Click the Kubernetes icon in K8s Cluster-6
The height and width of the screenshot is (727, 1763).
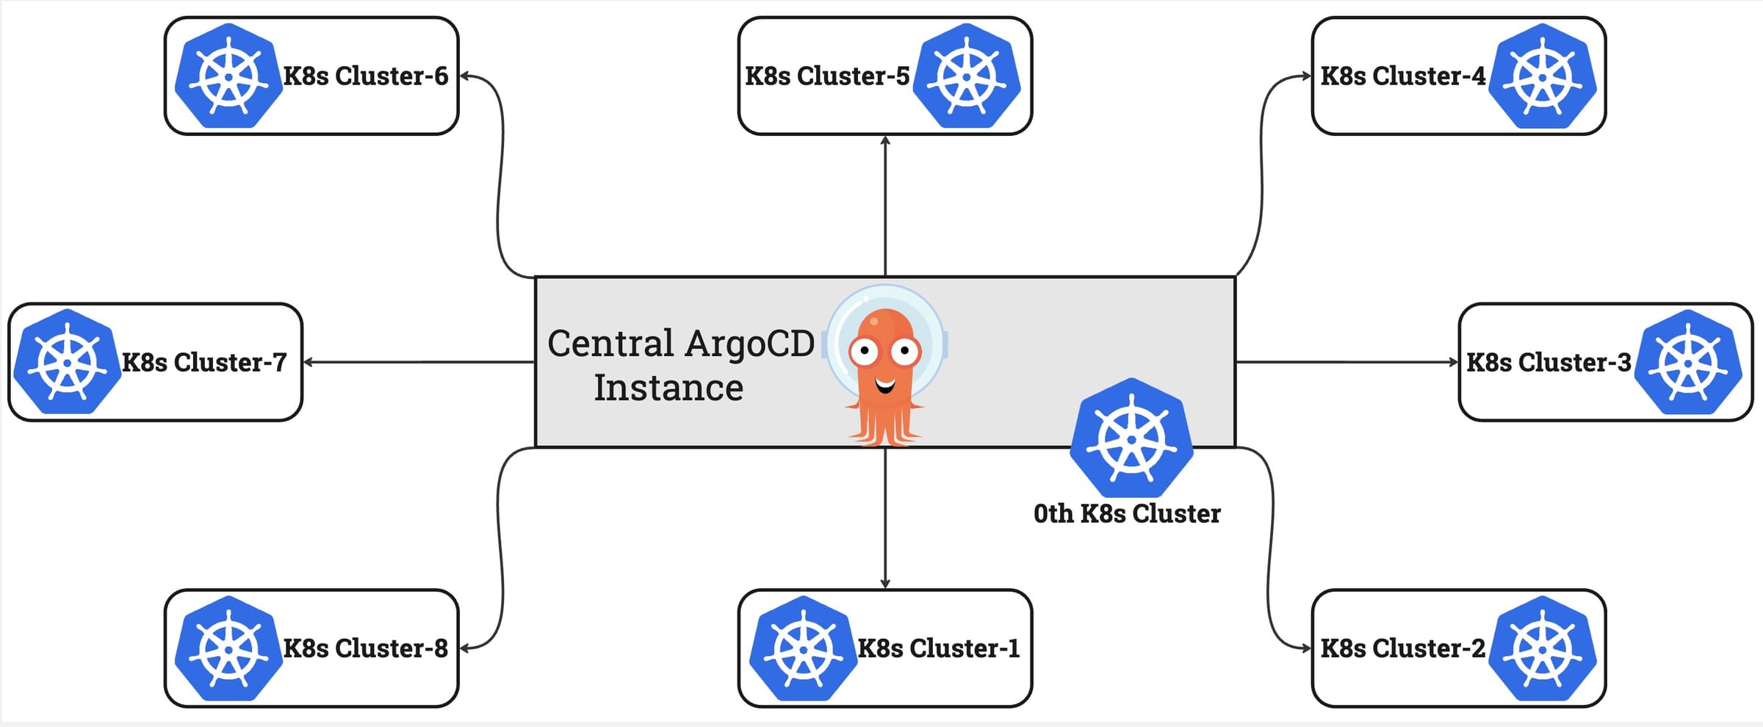pos(228,76)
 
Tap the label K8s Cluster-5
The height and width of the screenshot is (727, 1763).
pos(827,76)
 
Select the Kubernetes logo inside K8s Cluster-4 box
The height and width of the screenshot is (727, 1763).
pos(1542,76)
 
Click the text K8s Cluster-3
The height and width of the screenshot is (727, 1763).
pos(1549,362)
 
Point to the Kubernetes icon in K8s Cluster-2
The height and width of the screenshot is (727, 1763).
pos(1542,648)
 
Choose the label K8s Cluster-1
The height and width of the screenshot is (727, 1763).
pos(939,648)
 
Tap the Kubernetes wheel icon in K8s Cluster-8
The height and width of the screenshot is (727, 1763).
pos(228,648)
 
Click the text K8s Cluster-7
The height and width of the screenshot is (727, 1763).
pos(203,362)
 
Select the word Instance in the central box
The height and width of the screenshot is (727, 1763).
pos(668,388)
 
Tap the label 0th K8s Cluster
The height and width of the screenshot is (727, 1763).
pos(1126,513)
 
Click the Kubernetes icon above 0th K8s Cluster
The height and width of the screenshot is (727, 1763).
pos(1131,438)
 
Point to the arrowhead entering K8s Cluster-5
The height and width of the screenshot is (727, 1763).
pos(885,140)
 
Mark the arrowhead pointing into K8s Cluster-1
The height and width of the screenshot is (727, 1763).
pos(885,584)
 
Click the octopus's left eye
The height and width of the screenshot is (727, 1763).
pos(865,351)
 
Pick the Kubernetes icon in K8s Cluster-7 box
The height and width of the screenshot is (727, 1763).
pos(67,362)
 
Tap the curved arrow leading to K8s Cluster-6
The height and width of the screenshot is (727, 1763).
pos(502,176)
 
